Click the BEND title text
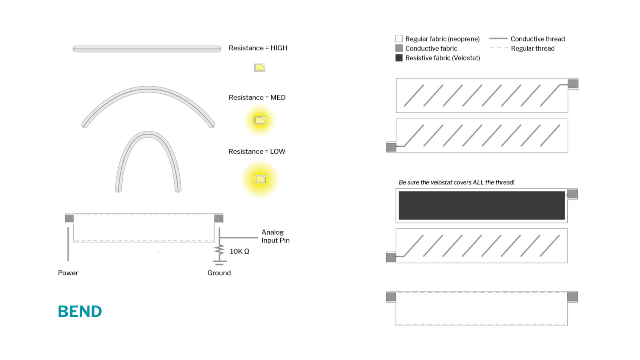point(80,311)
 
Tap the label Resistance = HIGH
point(258,48)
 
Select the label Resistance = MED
point(257,97)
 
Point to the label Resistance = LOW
point(257,151)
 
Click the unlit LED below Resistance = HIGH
point(260,68)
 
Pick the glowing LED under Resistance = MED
point(260,120)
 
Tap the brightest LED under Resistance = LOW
point(260,179)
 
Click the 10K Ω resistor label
point(239,251)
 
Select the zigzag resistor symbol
point(219,250)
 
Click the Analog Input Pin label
point(275,236)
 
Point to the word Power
point(68,273)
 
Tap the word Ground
point(219,273)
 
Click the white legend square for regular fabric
point(399,39)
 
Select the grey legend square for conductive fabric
point(399,48)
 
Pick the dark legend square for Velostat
point(399,58)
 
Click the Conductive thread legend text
point(538,39)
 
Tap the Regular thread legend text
point(533,48)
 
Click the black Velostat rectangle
point(482,205)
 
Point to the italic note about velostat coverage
point(457,182)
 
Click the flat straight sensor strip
point(147,49)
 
